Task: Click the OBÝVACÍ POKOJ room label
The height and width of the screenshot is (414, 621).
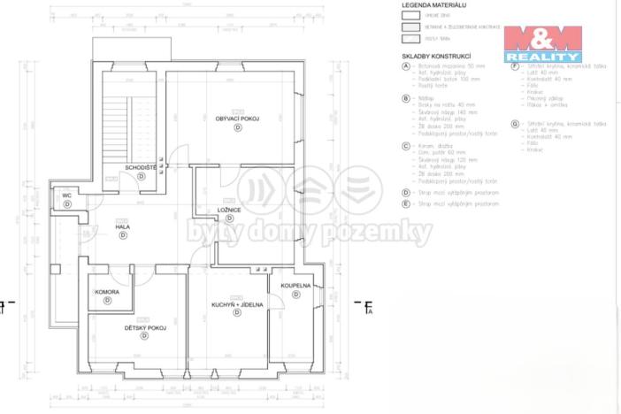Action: [x=236, y=118]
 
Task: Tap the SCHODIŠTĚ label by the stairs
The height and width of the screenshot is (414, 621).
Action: [x=141, y=166]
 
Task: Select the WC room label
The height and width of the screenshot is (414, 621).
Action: [x=66, y=195]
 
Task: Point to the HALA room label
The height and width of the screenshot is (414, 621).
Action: [x=123, y=227]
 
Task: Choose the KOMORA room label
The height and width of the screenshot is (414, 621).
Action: [x=107, y=292]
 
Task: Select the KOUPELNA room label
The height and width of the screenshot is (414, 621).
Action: [x=295, y=286]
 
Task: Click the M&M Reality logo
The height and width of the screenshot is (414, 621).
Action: [x=542, y=42]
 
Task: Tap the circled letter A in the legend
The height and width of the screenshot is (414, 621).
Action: [x=405, y=66]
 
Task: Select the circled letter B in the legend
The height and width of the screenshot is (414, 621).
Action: [x=405, y=97]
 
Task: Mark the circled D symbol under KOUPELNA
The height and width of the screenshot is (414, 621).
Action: [x=296, y=295]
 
